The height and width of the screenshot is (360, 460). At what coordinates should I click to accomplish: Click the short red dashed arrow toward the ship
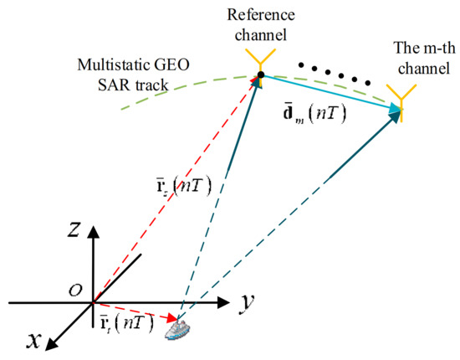click(x=138, y=310)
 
